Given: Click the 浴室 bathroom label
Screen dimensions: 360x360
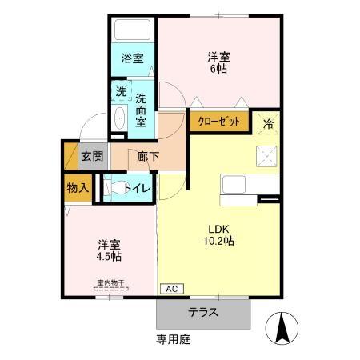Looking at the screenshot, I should pyautogui.click(x=132, y=58).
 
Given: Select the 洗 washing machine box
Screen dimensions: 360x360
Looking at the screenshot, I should pyautogui.click(x=120, y=91).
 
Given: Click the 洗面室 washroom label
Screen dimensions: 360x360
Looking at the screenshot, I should pyautogui.click(x=141, y=110).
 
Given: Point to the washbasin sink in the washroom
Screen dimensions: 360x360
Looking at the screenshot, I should pyautogui.click(x=120, y=118).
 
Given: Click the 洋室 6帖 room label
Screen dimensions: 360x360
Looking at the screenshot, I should pyautogui.click(x=219, y=62).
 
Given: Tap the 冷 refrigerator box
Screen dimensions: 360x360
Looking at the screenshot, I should pyautogui.click(x=266, y=122).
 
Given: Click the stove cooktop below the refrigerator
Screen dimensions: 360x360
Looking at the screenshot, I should pyautogui.click(x=266, y=155).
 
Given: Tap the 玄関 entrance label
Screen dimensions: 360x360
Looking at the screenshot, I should pyautogui.click(x=91, y=155).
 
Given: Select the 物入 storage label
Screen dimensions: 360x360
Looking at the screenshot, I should pyautogui.click(x=78, y=188).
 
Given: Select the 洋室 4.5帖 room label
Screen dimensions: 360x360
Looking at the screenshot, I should pyautogui.click(x=109, y=250).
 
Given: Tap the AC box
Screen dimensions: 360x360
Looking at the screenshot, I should pyautogui.click(x=171, y=288).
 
